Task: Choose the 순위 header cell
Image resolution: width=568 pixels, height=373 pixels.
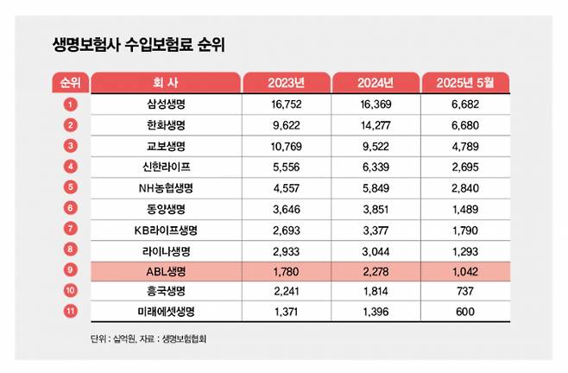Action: coord(70,83)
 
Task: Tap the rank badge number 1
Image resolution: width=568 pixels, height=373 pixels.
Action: coord(70,104)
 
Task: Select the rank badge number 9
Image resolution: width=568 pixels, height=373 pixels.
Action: coord(70,271)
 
